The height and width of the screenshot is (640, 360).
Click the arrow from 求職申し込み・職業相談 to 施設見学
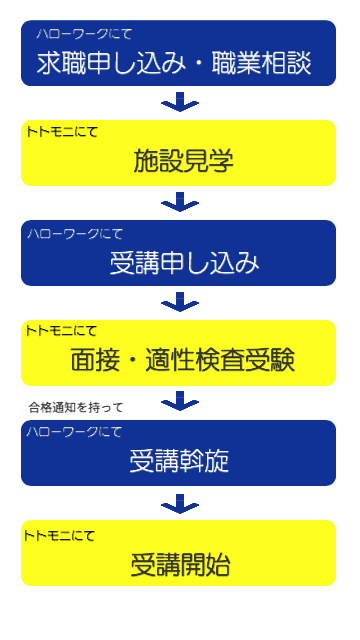180,102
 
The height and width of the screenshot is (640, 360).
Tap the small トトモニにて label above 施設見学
62,131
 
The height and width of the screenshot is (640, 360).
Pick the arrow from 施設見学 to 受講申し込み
180,202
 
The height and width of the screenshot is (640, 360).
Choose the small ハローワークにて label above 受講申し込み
75,233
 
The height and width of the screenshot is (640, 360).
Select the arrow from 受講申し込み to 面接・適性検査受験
180,301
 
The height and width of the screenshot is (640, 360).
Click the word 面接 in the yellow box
95,360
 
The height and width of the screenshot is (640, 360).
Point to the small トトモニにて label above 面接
62,330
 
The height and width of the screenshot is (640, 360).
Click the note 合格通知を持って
76,407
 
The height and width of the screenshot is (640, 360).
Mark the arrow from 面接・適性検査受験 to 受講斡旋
180,401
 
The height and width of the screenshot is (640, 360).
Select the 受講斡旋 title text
180,461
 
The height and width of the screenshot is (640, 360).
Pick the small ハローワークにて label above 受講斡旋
75,432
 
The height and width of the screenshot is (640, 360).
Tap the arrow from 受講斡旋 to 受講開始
180,502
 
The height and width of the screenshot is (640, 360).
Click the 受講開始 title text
180,564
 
